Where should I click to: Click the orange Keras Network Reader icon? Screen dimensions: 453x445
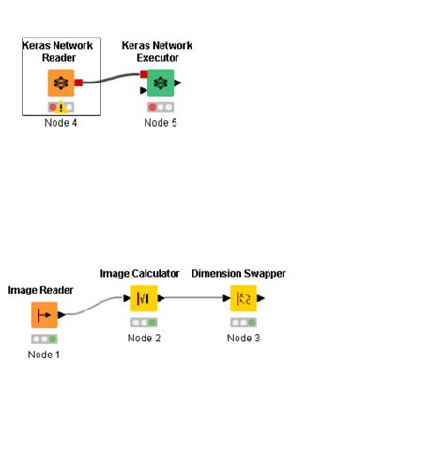(61, 83)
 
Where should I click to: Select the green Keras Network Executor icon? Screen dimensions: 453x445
(161, 83)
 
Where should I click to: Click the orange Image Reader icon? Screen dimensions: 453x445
(44, 315)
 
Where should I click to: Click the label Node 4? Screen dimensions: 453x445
(61, 123)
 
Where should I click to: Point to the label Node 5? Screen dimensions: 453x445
(161, 123)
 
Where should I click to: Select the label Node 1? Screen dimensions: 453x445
(44, 355)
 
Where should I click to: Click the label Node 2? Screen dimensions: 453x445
(144, 338)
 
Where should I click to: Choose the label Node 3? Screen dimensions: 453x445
(243, 338)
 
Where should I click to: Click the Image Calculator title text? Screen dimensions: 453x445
(140, 273)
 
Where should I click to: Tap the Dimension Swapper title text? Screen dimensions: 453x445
(238, 273)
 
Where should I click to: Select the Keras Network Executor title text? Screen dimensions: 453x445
(158, 51)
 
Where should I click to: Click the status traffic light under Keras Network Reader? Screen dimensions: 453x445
(61, 108)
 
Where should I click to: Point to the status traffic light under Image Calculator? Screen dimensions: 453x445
(144, 323)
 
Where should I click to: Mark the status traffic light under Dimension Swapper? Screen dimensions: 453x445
(243, 323)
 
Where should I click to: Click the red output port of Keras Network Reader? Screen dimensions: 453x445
(79, 83)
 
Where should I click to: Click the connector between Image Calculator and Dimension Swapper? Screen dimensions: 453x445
(193, 299)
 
